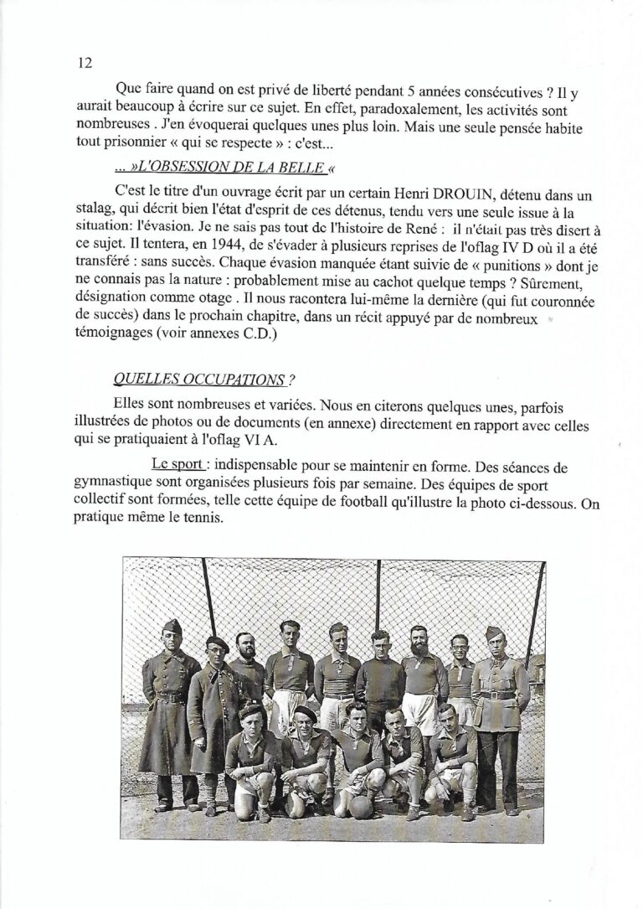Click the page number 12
84,64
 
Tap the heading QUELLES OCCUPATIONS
198,380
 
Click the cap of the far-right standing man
495,633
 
